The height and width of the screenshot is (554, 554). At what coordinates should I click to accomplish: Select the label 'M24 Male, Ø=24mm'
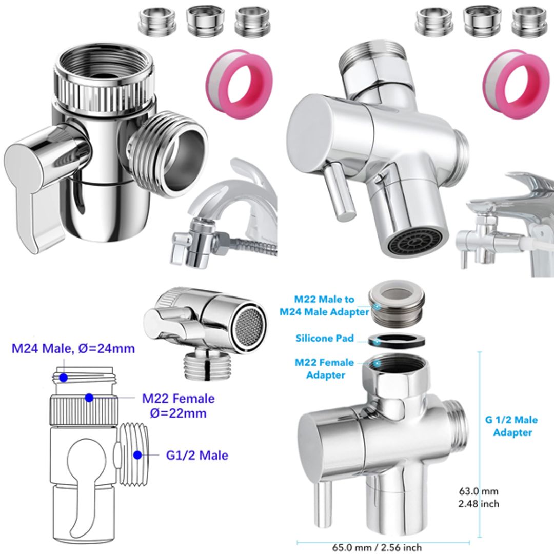pos(73,349)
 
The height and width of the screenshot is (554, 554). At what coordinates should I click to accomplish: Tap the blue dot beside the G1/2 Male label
pos(137,454)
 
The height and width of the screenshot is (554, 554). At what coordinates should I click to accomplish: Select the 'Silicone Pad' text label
pos(325,339)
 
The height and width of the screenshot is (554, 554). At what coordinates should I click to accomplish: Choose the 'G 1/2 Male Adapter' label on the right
pos(511,426)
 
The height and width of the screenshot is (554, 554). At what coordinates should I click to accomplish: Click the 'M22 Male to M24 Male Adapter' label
pos(331,305)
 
